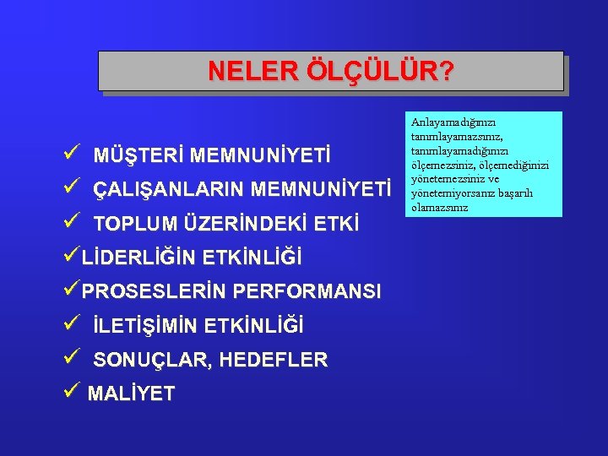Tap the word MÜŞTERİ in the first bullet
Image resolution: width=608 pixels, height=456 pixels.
138,156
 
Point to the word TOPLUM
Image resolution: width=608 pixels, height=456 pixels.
134,224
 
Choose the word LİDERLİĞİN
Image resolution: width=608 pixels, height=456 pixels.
141,257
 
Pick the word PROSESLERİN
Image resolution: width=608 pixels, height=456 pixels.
155,291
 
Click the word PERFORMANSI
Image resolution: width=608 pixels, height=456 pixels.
307,291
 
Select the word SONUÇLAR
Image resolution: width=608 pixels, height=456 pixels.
152,360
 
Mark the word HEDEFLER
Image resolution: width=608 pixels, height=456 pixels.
274,360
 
